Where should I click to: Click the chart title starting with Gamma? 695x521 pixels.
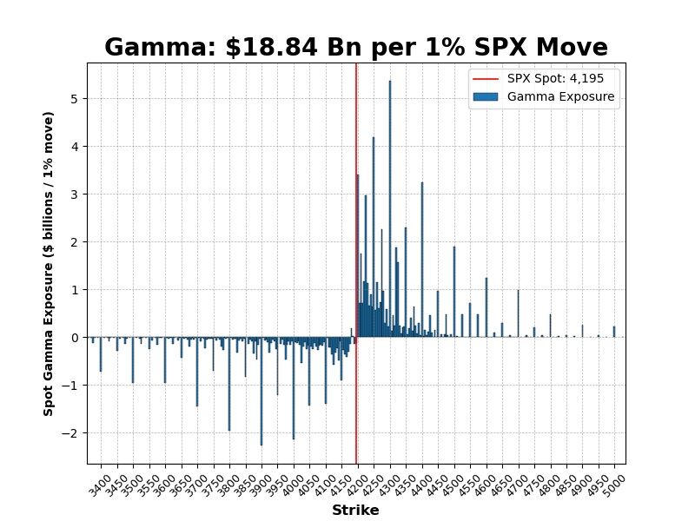355,47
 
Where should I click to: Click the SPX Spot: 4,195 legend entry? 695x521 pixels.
543,77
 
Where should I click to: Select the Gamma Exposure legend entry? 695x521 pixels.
543,96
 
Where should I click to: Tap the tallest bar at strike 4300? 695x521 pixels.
390,208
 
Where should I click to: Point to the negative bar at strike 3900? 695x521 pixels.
261,391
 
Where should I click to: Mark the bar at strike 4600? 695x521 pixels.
486,307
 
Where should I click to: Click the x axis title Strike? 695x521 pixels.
355,511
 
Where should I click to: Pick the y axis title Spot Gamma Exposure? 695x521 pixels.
50,263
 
